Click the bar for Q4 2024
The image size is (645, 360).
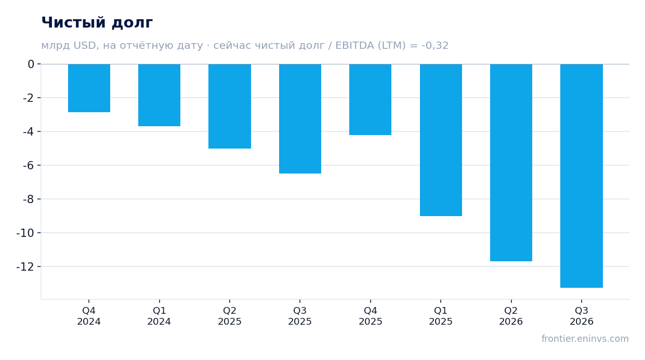pyautogui.click(x=89, y=88)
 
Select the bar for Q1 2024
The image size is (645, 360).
pyautogui.click(x=159, y=95)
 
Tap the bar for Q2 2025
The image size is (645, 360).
pyautogui.click(x=230, y=106)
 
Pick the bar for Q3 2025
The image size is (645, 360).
pyautogui.click(x=300, y=118)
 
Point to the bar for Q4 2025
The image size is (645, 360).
pyautogui.click(x=370, y=100)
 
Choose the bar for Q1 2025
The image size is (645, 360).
pyautogui.click(x=441, y=140)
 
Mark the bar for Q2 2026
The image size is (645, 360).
pyautogui.click(x=511, y=163)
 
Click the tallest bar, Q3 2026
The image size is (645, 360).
pyautogui.click(x=582, y=176)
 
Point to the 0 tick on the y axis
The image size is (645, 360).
pyautogui.click(x=31, y=64)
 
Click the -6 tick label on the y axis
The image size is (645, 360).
pyautogui.click(x=29, y=166)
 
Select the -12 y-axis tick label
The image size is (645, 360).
pyautogui.click(x=25, y=267)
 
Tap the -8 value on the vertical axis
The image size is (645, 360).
pyautogui.click(x=29, y=199)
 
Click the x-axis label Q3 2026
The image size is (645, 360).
pyautogui.click(x=582, y=316)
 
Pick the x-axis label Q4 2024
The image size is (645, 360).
pyautogui.click(x=89, y=316)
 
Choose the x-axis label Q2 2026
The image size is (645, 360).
pyautogui.click(x=511, y=316)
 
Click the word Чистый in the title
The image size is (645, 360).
pyautogui.click(x=74, y=22)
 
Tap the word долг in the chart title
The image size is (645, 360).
pyautogui.click(x=132, y=23)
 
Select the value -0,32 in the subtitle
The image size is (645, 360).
pyautogui.click(x=435, y=46)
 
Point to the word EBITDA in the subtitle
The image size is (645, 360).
pyautogui.click(x=354, y=46)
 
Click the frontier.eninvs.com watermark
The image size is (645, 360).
pyautogui.click(x=585, y=339)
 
